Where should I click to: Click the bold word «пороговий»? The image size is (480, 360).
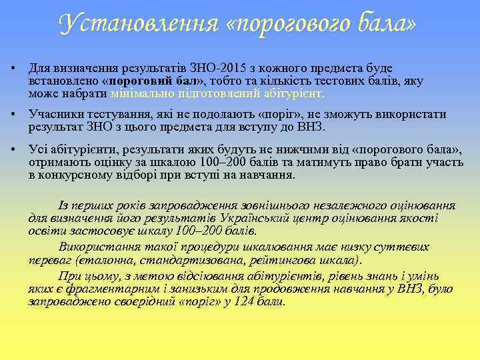(138, 81)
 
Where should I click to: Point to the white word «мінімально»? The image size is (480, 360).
(140, 93)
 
